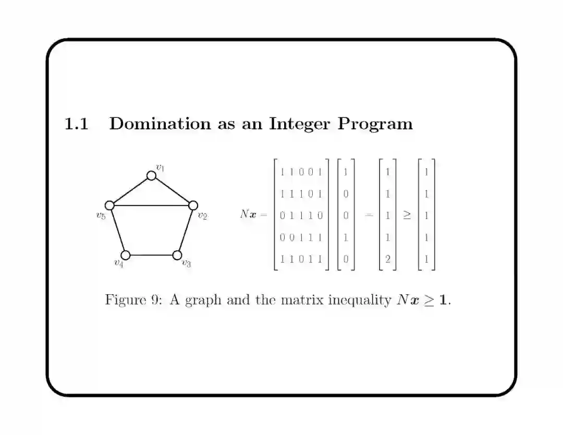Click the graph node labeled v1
click(x=151, y=176)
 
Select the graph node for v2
click(x=192, y=206)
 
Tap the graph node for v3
click(x=177, y=255)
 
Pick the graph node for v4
click(x=126, y=255)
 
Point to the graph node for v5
click(x=109, y=206)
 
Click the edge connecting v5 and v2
click(x=151, y=206)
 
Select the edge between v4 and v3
click(x=151, y=255)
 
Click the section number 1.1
click(x=76, y=124)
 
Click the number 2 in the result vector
click(x=387, y=258)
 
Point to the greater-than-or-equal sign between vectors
click(x=407, y=215)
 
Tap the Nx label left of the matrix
click(x=248, y=214)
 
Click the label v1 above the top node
click(x=161, y=167)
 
